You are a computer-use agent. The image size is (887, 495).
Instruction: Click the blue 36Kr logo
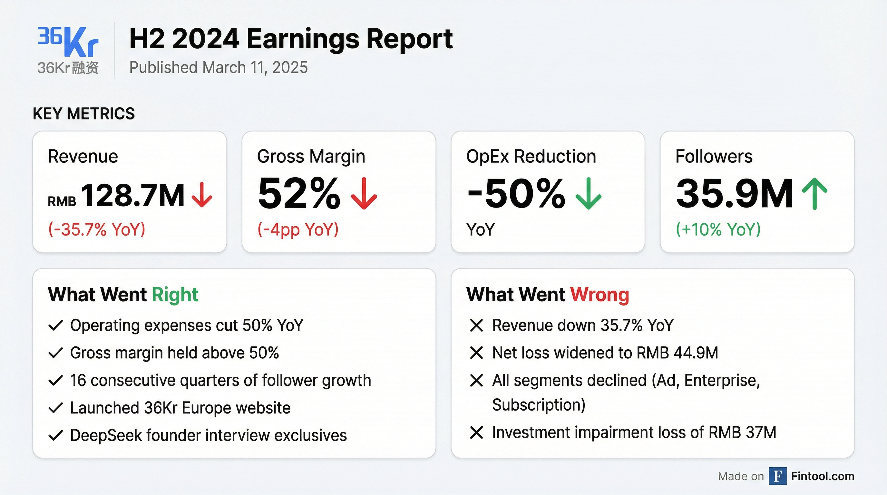(68, 42)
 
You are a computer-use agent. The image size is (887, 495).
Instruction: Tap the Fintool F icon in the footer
(777, 476)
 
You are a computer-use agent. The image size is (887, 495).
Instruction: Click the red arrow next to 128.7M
(202, 195)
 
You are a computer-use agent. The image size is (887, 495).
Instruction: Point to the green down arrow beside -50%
(589, 193)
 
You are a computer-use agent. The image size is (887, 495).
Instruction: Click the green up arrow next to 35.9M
(814, 193)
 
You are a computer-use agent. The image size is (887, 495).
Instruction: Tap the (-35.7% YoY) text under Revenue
(97, 229)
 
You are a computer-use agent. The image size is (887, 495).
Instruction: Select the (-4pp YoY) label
(298, 229)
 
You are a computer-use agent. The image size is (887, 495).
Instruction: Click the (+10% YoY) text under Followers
(718, 229)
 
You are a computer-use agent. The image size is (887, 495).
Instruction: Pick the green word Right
(175, 295)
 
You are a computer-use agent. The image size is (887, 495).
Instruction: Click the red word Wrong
(599, 295)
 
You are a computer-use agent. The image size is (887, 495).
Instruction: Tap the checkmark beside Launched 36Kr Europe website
(55, 408)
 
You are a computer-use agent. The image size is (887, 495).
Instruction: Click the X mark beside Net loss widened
(477, 353)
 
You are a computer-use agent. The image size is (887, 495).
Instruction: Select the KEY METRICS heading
(84, 113)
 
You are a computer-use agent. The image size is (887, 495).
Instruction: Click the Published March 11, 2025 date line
(218, 67)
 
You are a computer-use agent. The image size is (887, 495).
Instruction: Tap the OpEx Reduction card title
(531, 156)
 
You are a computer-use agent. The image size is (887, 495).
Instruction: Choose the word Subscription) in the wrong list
(539, 405)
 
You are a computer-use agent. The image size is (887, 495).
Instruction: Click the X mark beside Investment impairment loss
(477, 432)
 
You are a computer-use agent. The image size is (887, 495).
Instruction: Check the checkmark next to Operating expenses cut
(55, 325)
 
